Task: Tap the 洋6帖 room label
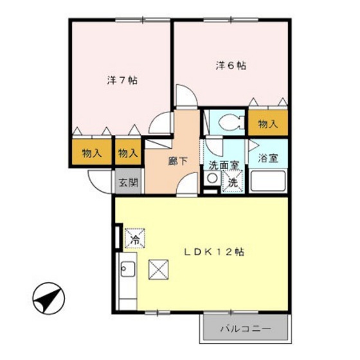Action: tap(231, 65)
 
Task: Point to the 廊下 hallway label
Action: tap(177, 161)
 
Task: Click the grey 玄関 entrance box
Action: tap(128, 182)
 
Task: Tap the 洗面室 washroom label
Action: tap(223, 165)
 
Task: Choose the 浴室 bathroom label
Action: tap(267, 156)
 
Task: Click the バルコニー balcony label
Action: tap(246, 329)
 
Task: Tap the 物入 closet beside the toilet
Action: tap(267, 123)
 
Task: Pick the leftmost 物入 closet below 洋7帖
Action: tap(91, 153)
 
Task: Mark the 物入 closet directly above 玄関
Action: tap(127, 153)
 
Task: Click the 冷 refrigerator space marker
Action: tap(135, 239)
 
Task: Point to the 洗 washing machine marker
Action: tap(233, 183)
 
